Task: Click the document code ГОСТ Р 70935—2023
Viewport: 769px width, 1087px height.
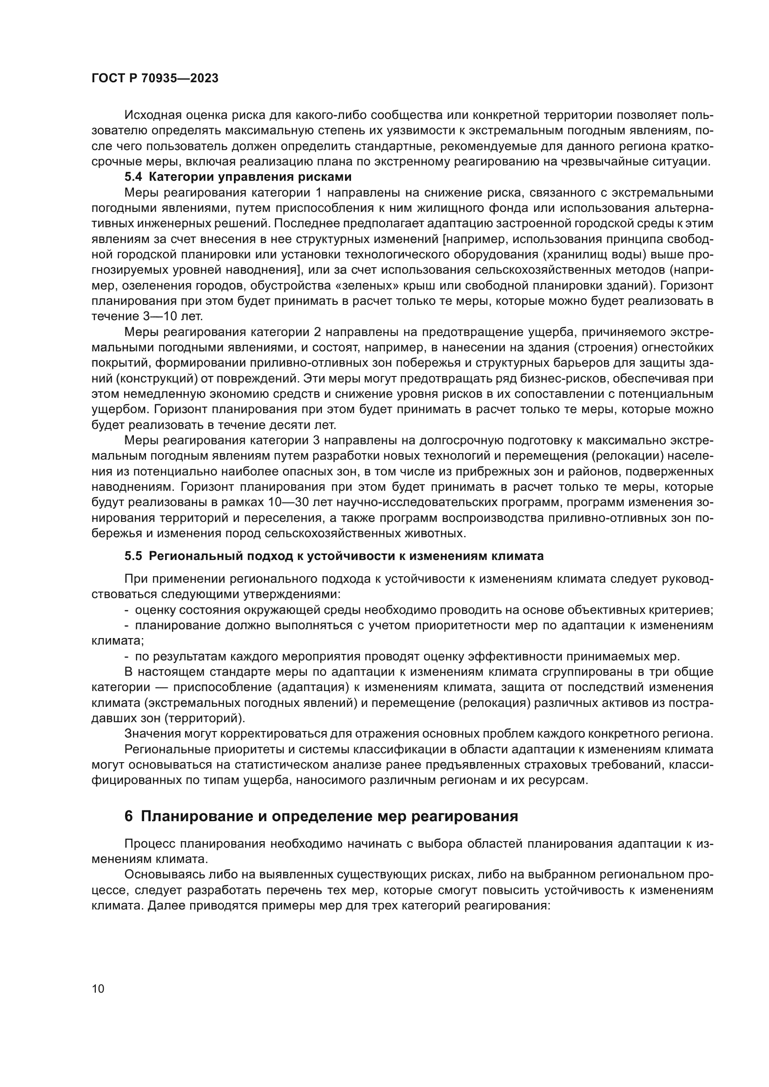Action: pyautogui.click(x=154, y=79)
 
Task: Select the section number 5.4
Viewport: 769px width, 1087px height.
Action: pyautogui.click(x=133, y=178)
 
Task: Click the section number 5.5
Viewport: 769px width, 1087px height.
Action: pyautogui.click(x=133, y=556)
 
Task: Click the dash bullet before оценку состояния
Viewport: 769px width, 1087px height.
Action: pyautogui.click(x=127, y=610)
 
